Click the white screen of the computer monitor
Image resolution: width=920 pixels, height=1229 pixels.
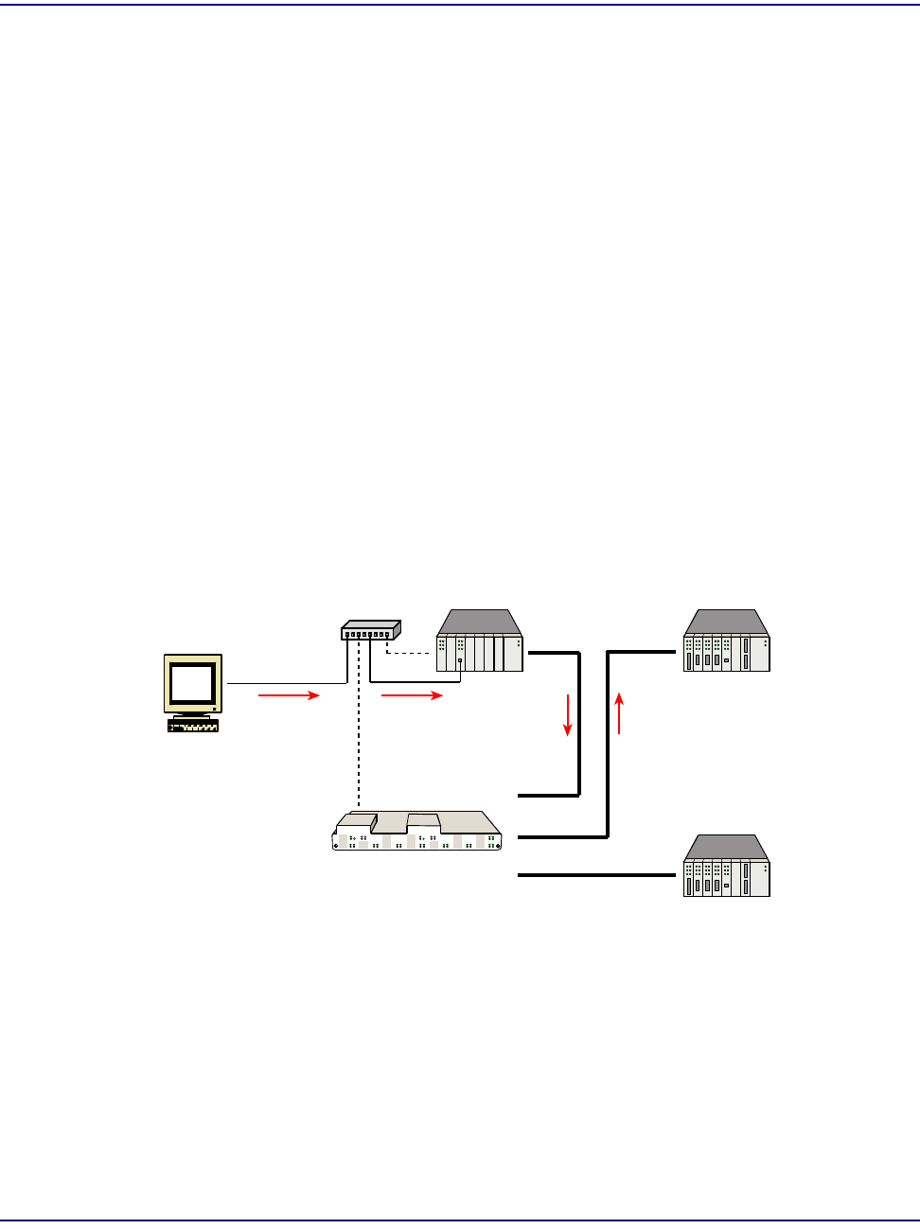pyautogui.click(x=191, y=681)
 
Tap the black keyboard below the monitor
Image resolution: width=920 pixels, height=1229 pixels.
pyautogui.click(x=193, y=726)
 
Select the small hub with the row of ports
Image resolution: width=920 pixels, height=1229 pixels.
pyautogui.click(x=370, y=630)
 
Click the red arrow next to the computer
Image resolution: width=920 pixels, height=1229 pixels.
pyautogui.click(x=289, y=695)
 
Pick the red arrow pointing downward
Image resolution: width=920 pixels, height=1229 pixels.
pyautogui.click(x=568, y=715)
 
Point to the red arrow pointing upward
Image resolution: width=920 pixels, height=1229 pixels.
pyautogui.click(x=619, y=712)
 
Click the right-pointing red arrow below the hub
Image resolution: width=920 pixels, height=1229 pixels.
pyautogui.click(x=412, y=695)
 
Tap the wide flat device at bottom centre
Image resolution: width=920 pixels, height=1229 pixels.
pyautogui.click(x=417, y=832)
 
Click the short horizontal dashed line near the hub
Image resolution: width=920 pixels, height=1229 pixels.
pyautogui.click(x=411, y=653)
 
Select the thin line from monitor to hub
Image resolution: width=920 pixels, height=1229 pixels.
pyautogui.click(x=284, y=682)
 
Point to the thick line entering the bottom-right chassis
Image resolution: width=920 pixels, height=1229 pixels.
pyautogui.click(x=596, y=875)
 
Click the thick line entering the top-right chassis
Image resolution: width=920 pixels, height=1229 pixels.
pyautogui.click(x=642, y=652)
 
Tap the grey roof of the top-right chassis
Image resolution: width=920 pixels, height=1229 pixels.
pyautogui.click(x=726, y=622)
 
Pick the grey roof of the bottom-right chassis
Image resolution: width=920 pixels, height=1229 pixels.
pyautogui.click(x=726, y=847)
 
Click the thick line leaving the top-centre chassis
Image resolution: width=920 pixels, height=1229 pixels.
pyautogui.click(x=553, y=652)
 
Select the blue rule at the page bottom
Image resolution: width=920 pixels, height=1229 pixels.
pyautogui.click(x=460, y=1220)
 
